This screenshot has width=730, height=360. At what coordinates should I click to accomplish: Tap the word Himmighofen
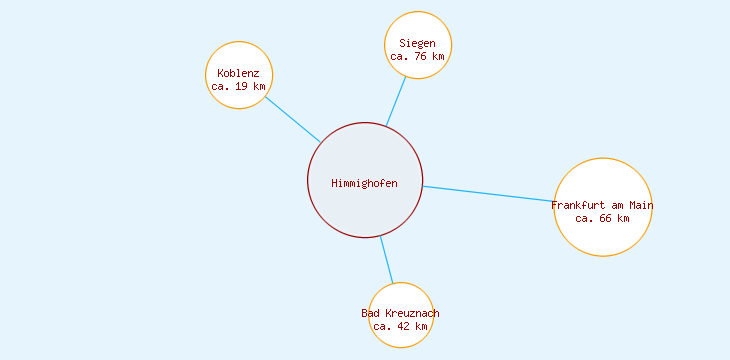tap(365, 183)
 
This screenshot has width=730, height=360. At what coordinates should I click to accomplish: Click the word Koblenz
tap(238, 74)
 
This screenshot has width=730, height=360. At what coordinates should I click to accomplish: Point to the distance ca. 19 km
tap(239, 87)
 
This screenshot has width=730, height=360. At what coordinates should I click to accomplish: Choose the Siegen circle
tap(418, 30)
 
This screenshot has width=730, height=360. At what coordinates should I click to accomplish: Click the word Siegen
tap(417, 44)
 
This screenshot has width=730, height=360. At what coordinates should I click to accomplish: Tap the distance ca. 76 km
tap(417, 57)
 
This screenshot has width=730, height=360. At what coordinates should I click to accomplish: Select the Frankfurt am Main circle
tap(603, 235)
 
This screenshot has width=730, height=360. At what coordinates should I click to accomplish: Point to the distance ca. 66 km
tap(603, 219)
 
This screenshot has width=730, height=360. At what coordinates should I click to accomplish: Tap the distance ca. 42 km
tap(401, 327)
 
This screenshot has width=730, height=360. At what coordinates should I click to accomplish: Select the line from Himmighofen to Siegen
tap(396, 101)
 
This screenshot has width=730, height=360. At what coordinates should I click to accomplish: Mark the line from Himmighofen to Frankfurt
tap(488, 194)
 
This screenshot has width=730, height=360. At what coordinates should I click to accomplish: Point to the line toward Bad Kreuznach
tap(386, 260)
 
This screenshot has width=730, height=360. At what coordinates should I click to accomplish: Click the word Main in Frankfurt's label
tap(640, 206)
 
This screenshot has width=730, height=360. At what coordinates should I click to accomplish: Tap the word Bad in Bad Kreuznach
tap(371, 314)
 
